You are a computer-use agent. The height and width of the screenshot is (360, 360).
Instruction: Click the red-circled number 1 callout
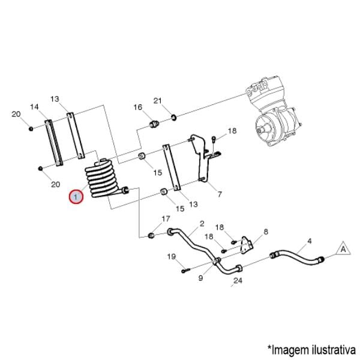point(76,196)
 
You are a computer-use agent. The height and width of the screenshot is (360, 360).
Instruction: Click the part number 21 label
point(158,100)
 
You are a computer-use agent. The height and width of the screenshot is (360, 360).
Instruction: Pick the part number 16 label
point(138,107)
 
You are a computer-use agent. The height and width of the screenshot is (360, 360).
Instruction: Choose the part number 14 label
point(35,107)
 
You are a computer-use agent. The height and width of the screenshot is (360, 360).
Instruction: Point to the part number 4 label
point(310,241)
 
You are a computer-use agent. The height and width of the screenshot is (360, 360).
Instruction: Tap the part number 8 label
point(265,232)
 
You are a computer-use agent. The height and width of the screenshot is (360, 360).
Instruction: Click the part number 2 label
point(202,223)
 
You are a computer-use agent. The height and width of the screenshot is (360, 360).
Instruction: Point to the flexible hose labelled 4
point(298,256)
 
